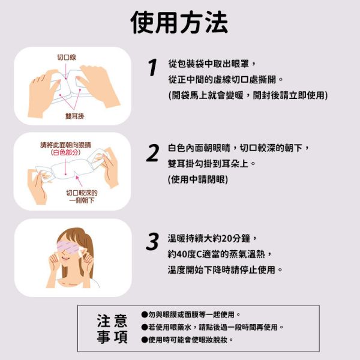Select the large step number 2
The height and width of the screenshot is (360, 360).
point(153,153)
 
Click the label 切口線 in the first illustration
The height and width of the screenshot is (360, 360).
point(66,58)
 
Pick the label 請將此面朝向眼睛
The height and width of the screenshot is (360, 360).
point(65,145)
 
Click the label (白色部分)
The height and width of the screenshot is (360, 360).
point(65,153)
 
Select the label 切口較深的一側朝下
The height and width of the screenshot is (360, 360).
point(82,196)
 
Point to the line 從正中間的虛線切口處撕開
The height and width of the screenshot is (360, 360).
point(225,79)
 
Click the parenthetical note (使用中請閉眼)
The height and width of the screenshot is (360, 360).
point(198,179)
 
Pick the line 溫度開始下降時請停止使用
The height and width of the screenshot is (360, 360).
point(225,269)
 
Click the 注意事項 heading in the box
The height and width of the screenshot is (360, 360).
point(112,329)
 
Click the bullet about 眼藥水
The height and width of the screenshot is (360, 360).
point(212,327)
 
